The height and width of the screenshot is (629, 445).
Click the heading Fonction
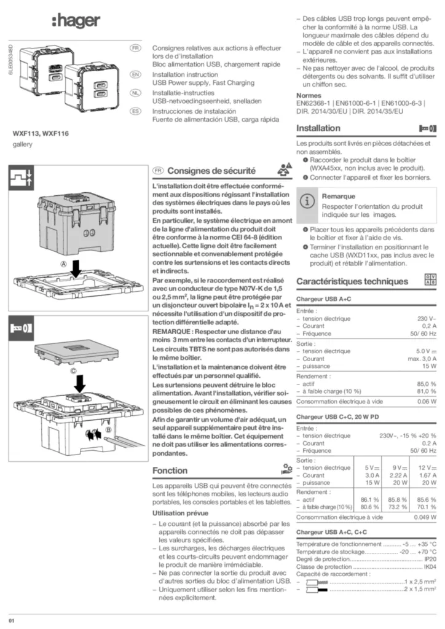point(170,471)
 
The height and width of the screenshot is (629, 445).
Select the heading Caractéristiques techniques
point(352,281)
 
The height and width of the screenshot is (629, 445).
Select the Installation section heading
point(318,128)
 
